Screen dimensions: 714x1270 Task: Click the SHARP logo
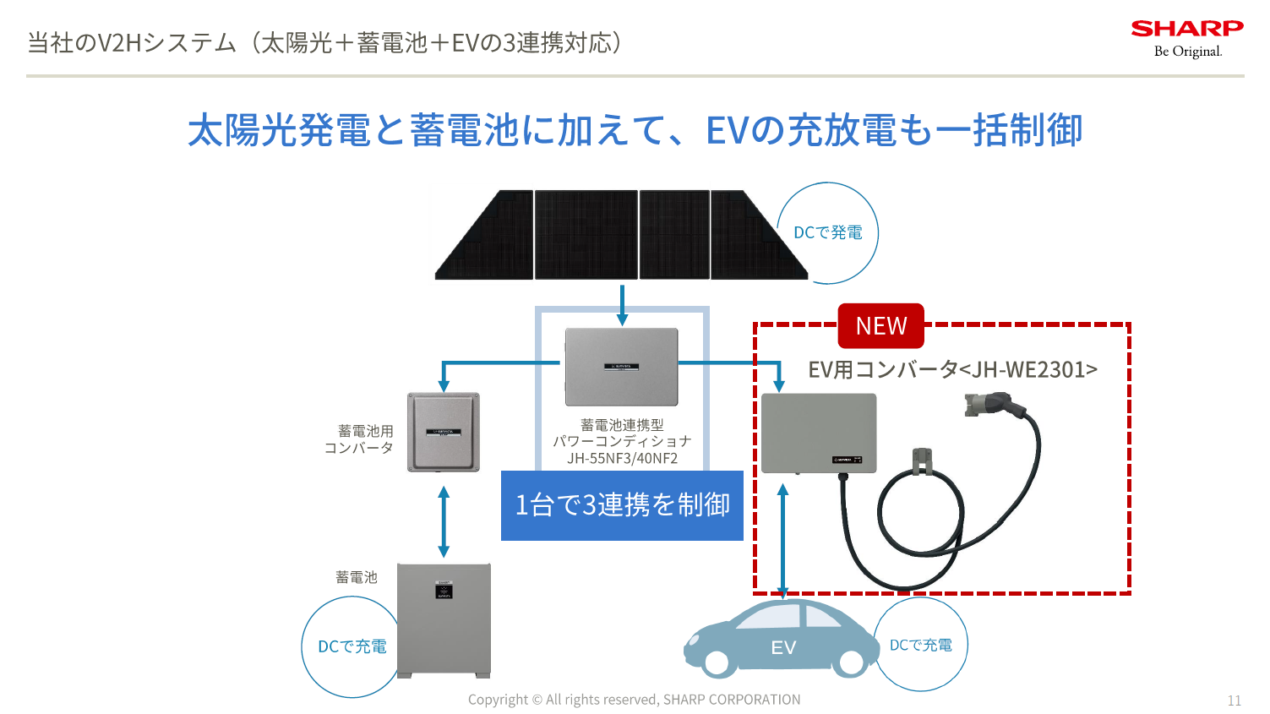click(1186, 30)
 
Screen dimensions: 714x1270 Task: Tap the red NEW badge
click(880, 326)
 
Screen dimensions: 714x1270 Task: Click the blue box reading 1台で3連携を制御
click(622, 505)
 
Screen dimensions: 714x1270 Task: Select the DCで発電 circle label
click(827, 232)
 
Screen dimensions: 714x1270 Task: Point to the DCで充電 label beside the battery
click(352, 646)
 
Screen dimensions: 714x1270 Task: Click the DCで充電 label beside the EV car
click(920, 645)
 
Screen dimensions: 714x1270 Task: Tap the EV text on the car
click(783, 647)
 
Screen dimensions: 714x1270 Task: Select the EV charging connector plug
click(989, 406)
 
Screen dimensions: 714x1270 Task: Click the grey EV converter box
click(818, 433)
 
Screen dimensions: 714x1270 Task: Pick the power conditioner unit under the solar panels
click(622, 367)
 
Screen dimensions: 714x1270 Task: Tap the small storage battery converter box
click(444, 431)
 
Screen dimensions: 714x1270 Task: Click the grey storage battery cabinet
click(444, 620)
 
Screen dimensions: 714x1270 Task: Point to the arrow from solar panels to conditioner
click(622, 305)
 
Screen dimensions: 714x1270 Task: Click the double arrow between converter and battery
click(444, 521)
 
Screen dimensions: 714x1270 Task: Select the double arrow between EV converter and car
click(783, 541)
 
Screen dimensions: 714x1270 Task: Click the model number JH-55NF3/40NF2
click(622, 459)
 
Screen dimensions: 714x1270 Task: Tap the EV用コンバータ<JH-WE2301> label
click(952, 369)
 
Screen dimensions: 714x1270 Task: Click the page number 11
click(1234, 700)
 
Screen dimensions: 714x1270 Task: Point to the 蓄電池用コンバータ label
click(360, 439)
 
